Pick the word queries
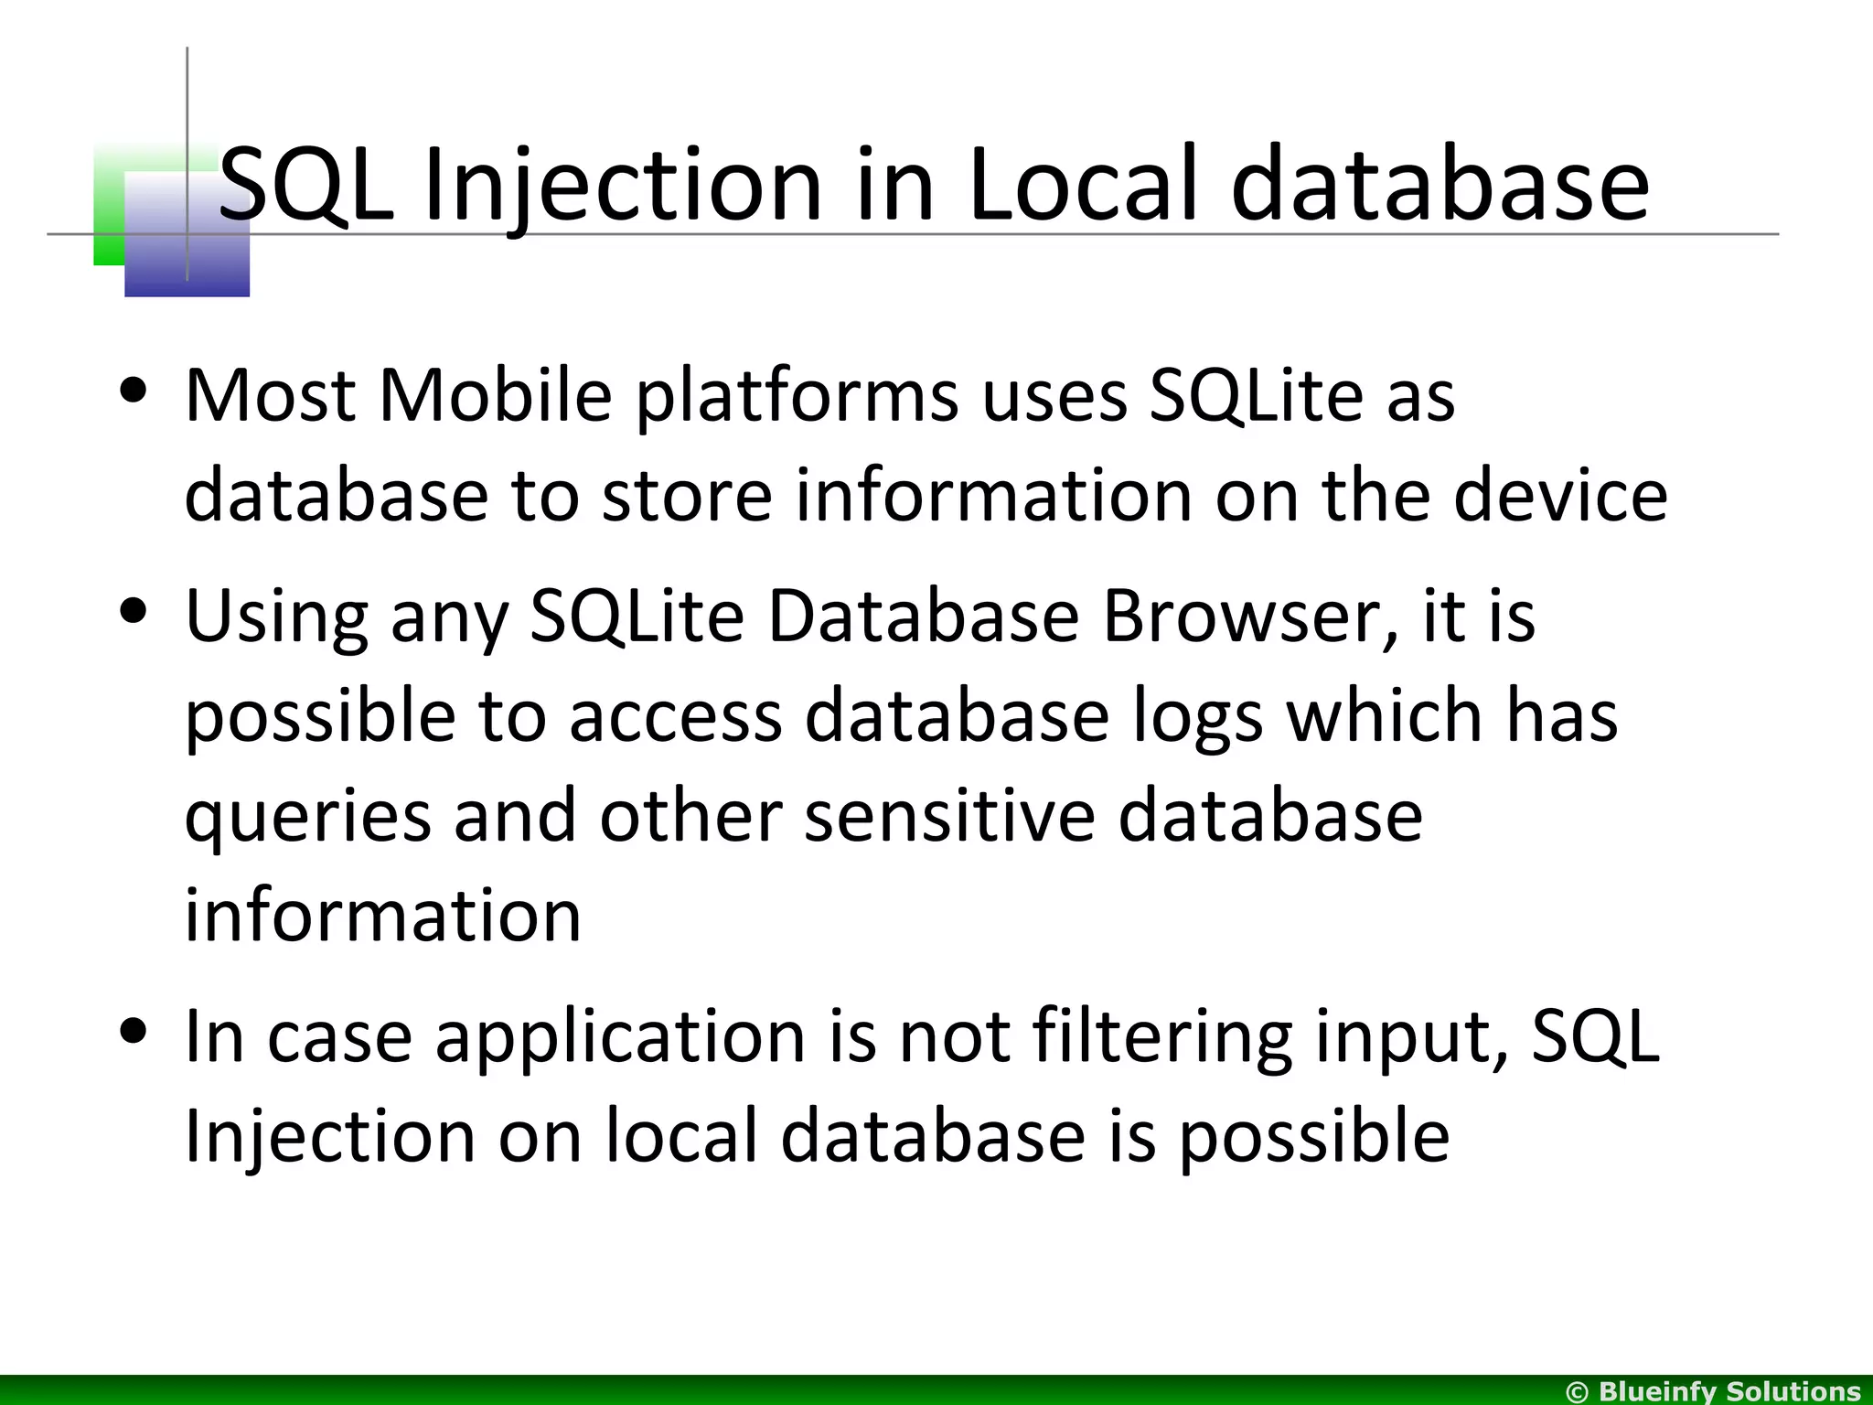(x=308, y=818)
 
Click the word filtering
(x=1162, y=1038)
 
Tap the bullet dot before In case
(x=134, y=1032)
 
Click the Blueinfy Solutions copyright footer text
(x=1713, y=1391)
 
